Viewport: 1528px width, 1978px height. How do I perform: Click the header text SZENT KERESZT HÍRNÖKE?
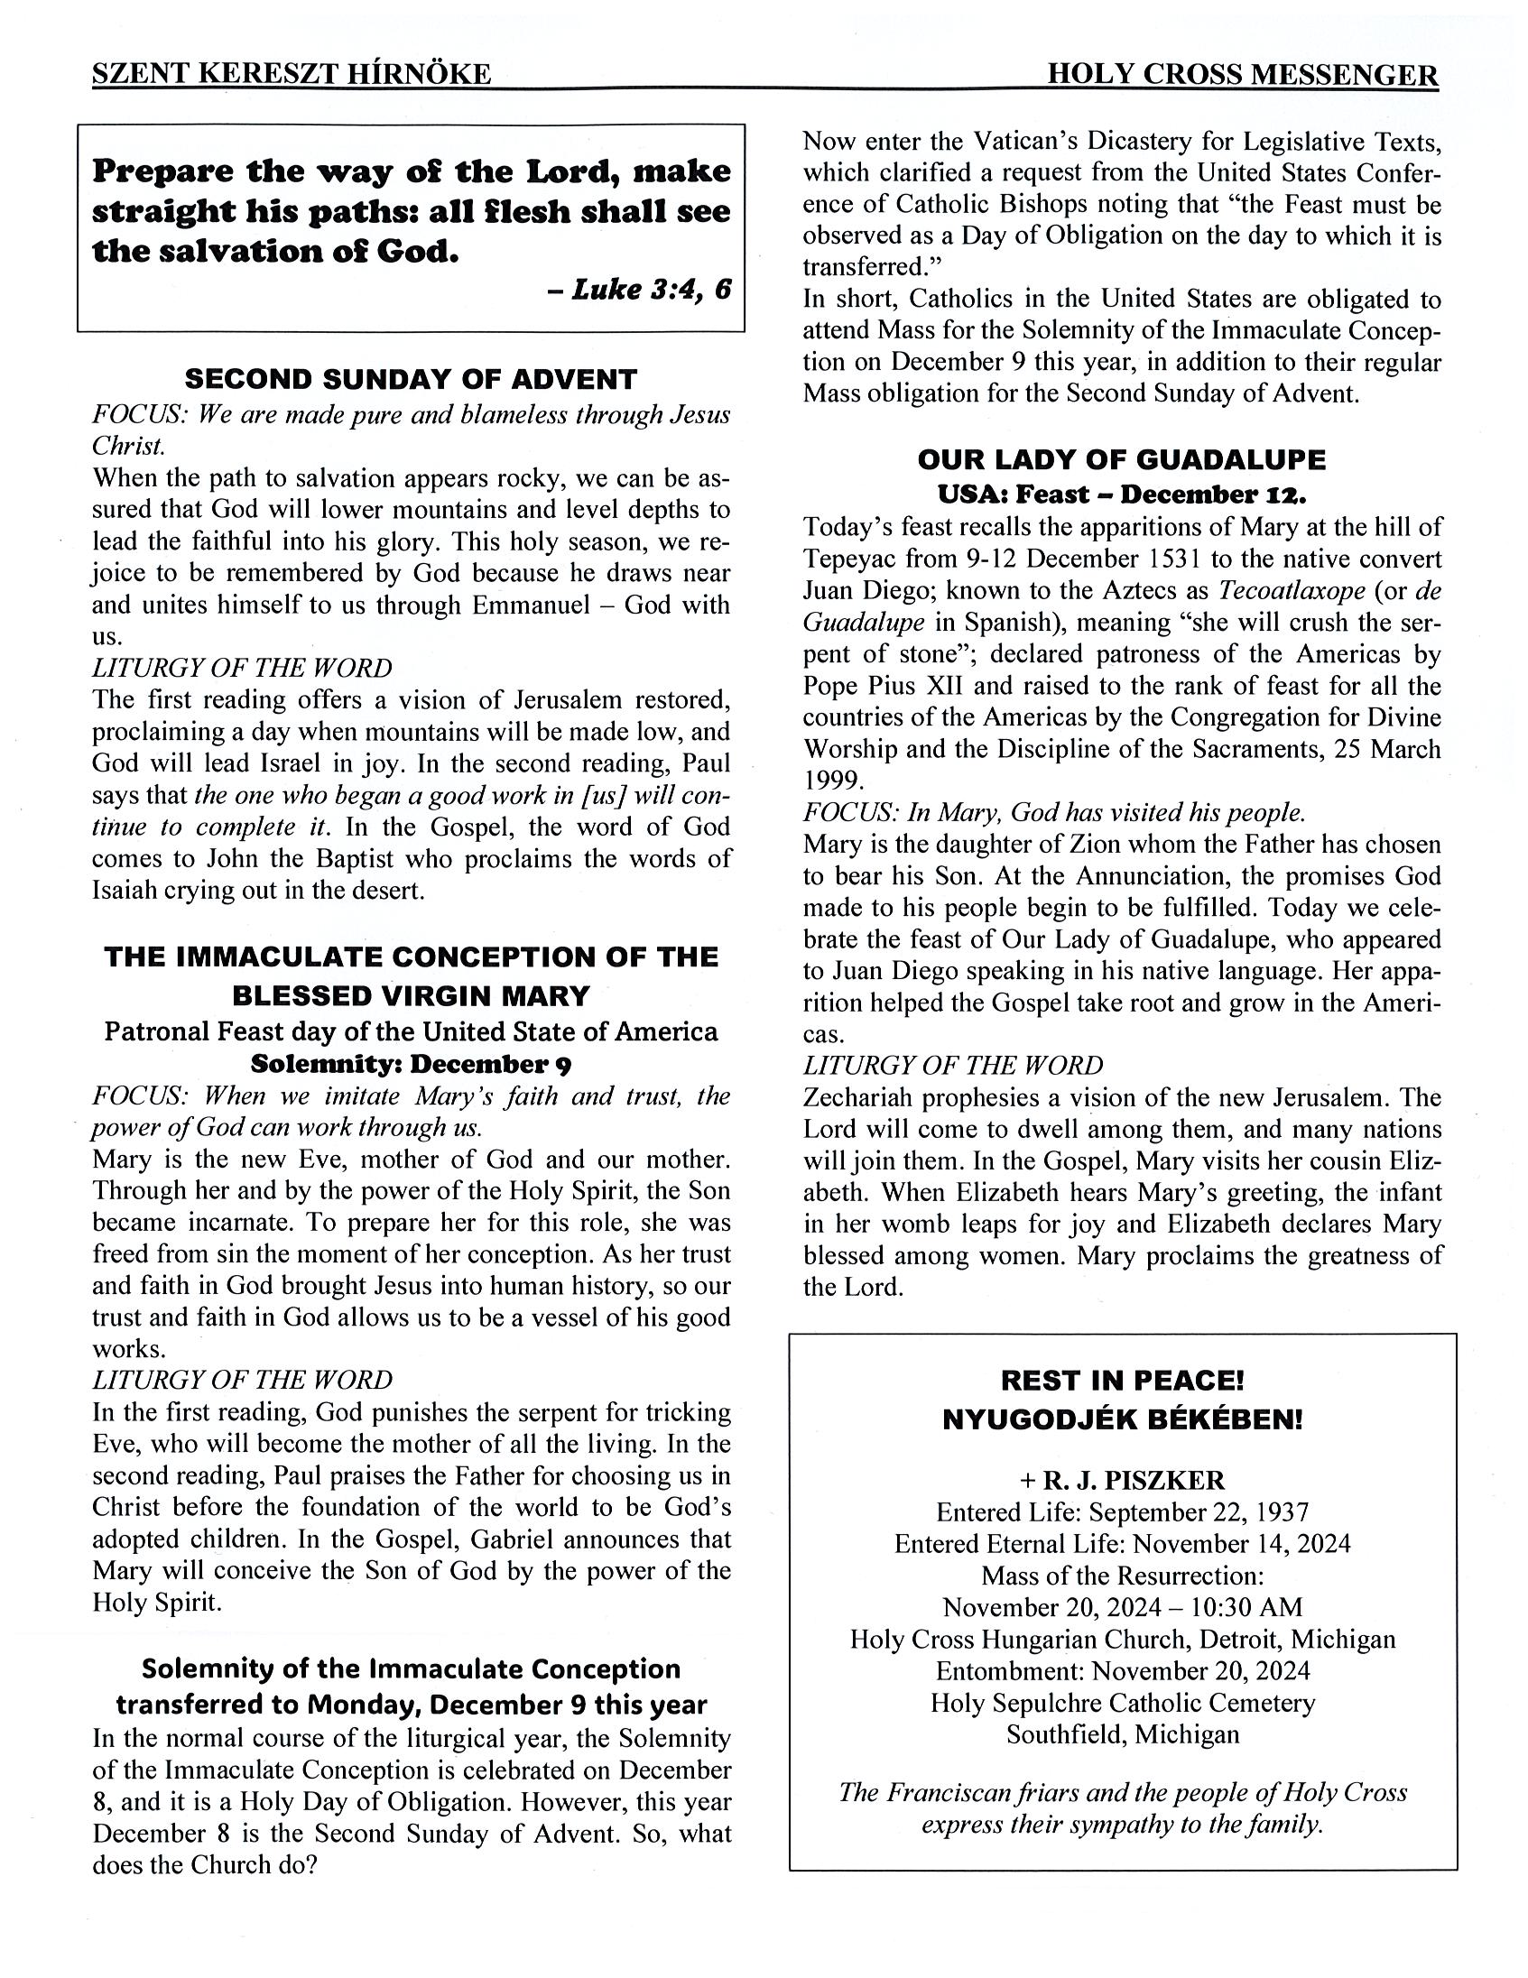point(291,74)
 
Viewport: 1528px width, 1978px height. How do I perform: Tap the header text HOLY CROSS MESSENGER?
point(1242,74)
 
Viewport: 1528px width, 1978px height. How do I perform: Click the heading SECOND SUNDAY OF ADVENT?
point(411,379)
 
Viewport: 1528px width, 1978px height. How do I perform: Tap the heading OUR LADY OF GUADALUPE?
point(1121,460)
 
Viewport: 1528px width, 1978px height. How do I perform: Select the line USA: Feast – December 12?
point(1121,494)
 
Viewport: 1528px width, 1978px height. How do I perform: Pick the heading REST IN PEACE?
point(1122,1381)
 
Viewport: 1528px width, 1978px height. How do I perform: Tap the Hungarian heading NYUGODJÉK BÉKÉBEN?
point(1122,1419)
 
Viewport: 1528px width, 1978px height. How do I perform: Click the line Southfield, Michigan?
point(1122,1734)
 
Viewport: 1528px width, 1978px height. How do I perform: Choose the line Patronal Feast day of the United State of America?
point(411,1031)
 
